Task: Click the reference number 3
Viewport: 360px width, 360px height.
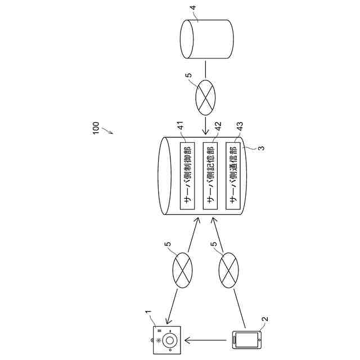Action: coord(260,148)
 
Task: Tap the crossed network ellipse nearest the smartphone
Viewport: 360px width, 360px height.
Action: coord(228,270)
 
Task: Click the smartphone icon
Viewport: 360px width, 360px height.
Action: coord(246,340)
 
